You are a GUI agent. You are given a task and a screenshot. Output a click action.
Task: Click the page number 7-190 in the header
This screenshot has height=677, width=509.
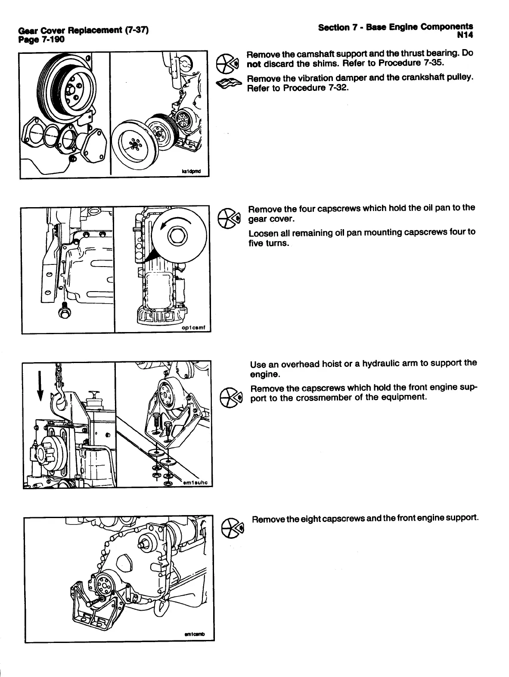52,40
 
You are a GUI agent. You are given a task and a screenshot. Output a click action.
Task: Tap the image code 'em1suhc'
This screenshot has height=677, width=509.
195,483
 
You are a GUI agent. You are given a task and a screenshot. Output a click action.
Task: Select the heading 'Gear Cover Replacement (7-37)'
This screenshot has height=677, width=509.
83,31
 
